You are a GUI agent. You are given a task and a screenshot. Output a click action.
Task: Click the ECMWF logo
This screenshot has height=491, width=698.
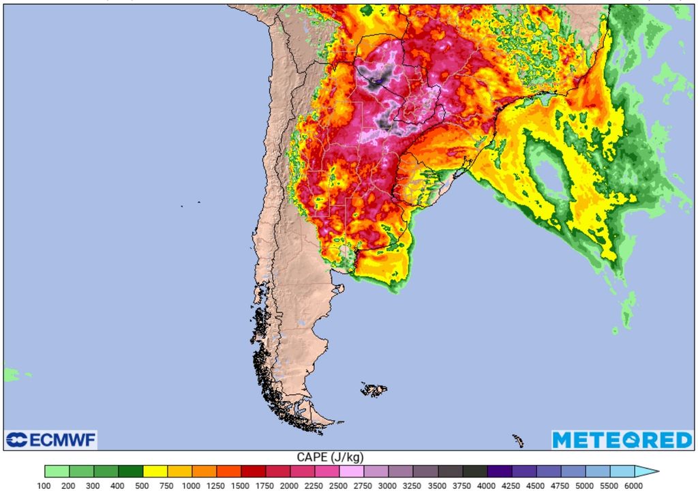[x=51, y=440]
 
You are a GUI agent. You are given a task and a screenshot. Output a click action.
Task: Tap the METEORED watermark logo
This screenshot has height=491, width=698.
[x=622, y=440]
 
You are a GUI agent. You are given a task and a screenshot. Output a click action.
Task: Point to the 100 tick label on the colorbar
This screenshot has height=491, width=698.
[x=45, y=486]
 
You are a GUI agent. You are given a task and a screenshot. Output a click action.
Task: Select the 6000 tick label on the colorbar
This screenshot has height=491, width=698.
[x=633, y=486]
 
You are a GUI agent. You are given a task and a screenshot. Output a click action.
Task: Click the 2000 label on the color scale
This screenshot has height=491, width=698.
[x=290, y=486]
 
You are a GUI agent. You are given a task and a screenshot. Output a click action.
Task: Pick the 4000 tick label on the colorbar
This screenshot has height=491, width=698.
[x=486, y=486]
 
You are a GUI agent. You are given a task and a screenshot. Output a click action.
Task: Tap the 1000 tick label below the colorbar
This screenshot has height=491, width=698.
[x=192, y=486]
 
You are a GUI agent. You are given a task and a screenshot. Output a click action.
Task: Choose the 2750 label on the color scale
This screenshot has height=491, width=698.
[x=363, y=486]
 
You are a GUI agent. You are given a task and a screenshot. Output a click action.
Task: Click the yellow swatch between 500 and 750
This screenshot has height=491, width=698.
[x=155, y=471]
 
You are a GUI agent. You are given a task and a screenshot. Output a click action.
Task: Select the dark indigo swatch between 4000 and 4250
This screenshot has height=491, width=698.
[x=498, y=471]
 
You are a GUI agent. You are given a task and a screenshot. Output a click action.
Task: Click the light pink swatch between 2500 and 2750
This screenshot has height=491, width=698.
[x=351, y=471]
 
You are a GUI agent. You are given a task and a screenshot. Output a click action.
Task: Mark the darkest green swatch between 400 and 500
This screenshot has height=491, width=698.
[x=130, y=471]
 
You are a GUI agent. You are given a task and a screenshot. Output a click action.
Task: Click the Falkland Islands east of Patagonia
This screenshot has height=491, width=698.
[x=374, y=389]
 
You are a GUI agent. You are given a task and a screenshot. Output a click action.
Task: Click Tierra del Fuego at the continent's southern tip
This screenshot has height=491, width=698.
[x=307, y=416]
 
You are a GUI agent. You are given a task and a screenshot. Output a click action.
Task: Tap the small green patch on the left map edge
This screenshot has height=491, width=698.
[x=10, y=374]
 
